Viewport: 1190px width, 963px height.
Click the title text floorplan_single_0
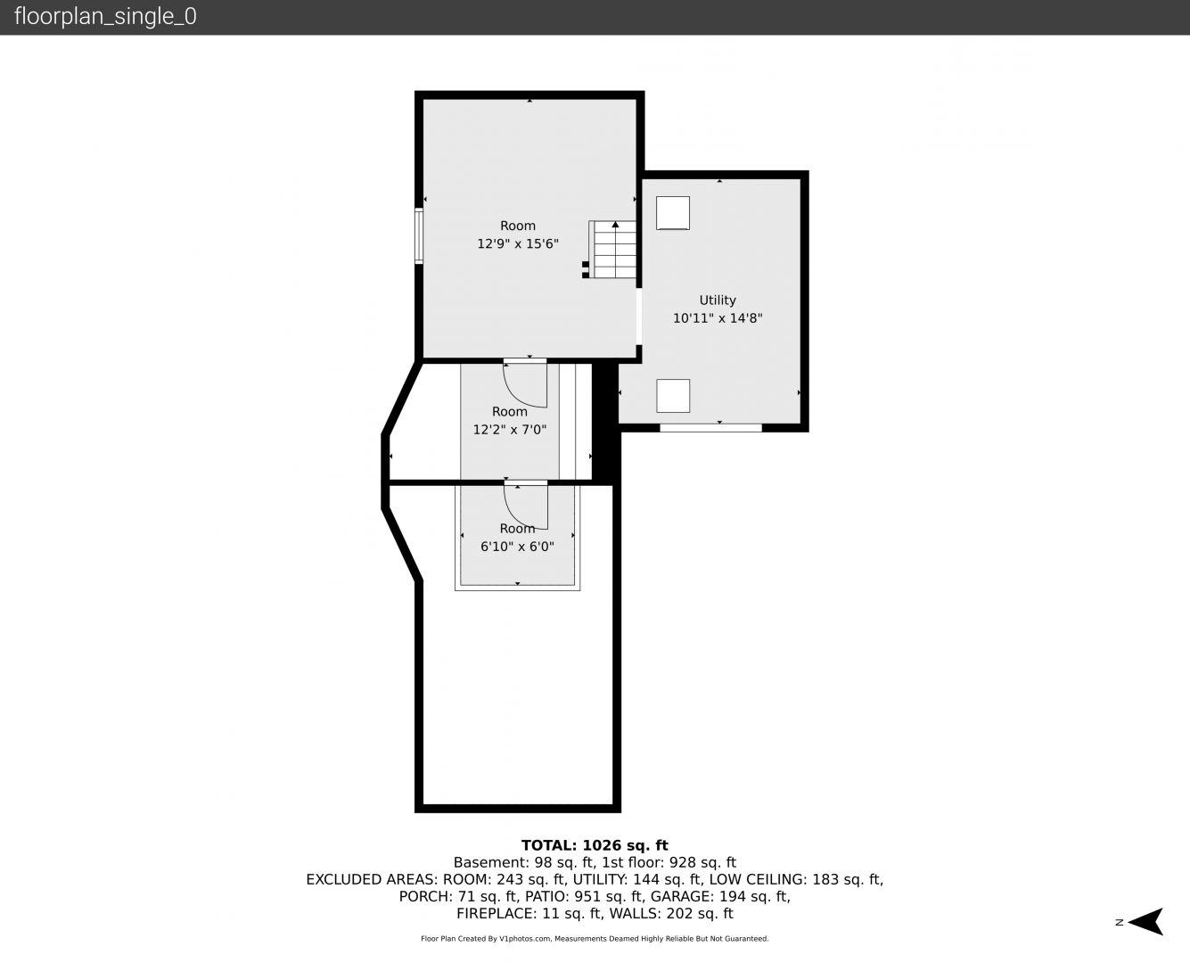coord(105,17)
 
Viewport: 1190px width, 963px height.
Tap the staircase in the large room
coord(612,250)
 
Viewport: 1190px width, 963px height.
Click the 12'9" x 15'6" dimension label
coord(518,243)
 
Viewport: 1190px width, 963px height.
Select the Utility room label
coord(718,300)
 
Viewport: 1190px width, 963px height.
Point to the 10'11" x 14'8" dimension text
coord(718,318)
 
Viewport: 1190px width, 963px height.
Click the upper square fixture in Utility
coord(673,213)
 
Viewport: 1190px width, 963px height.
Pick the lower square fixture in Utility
coord(673,396)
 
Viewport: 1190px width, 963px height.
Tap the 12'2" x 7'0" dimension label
coord(510,430)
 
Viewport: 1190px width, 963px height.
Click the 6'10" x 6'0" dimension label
coord(517,547)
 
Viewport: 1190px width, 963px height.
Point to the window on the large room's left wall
coord(418,235)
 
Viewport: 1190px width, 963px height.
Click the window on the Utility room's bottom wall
coord(710,428)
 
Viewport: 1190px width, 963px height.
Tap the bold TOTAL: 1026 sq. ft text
coord(595,845)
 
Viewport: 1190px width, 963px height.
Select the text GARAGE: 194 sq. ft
coord(720,896)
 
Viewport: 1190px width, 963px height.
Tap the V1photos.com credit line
coord(595,938)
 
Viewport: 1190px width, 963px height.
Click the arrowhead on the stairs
coord(615,225)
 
